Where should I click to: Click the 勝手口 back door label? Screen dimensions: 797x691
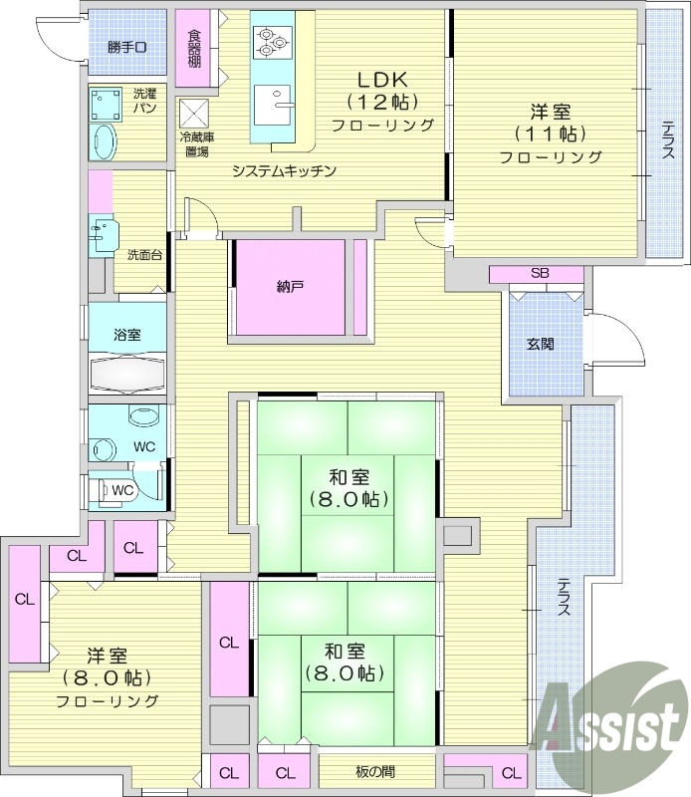pos(126,47)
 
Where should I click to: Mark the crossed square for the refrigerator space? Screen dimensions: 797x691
pos(194,112)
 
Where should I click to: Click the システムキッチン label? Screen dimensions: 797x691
pos(284,170)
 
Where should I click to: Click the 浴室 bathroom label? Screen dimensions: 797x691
pos(126,335)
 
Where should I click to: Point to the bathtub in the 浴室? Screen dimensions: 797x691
pos(126,374)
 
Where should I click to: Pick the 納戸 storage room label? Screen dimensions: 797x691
pos(290,287)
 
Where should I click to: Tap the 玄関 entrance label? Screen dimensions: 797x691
pos(541,344)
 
